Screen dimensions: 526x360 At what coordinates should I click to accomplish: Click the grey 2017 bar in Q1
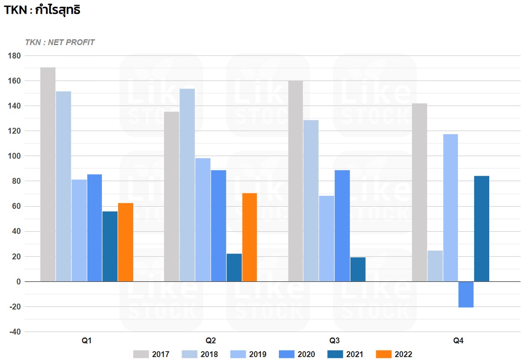(x=48, y=174)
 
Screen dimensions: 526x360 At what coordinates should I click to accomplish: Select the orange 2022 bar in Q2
(x=250, y=237)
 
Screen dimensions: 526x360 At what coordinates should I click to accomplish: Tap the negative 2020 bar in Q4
(x=466, y=294)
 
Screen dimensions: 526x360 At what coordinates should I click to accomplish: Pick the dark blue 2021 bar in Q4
(x=482, y=228)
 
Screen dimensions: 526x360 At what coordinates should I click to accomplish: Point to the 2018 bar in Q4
(x=435, y=266)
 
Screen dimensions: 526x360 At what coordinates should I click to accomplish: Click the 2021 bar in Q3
(x=358, y=269)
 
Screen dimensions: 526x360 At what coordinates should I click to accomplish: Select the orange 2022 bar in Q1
(x=126, y=242)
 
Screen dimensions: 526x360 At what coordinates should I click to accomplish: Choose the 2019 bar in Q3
(x=326, y=238)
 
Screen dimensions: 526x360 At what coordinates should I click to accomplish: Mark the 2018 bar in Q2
(x=187, y=185)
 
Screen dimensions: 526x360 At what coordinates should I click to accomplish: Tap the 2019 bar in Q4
(x=450, y=208)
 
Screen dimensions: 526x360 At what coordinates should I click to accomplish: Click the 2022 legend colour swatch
(x=384, y=354)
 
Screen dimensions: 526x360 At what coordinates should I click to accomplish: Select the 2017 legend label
(x=161, y=354)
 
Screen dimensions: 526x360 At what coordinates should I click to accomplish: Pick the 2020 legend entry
(x=297, y=354)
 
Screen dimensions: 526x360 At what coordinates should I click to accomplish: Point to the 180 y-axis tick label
(x=14, y=56)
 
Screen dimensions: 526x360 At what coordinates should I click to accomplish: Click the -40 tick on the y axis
(x=15, y=332)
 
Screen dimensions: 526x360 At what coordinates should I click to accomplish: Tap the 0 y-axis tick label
(x=18, y=281)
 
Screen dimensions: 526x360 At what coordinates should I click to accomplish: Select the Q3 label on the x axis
(x=334, y=340)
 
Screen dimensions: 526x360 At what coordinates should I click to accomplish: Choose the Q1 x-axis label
(x=87, y=340)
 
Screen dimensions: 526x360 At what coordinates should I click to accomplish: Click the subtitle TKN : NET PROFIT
(x=60, y=42)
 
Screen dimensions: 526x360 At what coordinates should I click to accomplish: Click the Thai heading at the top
(x=42, y=10)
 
